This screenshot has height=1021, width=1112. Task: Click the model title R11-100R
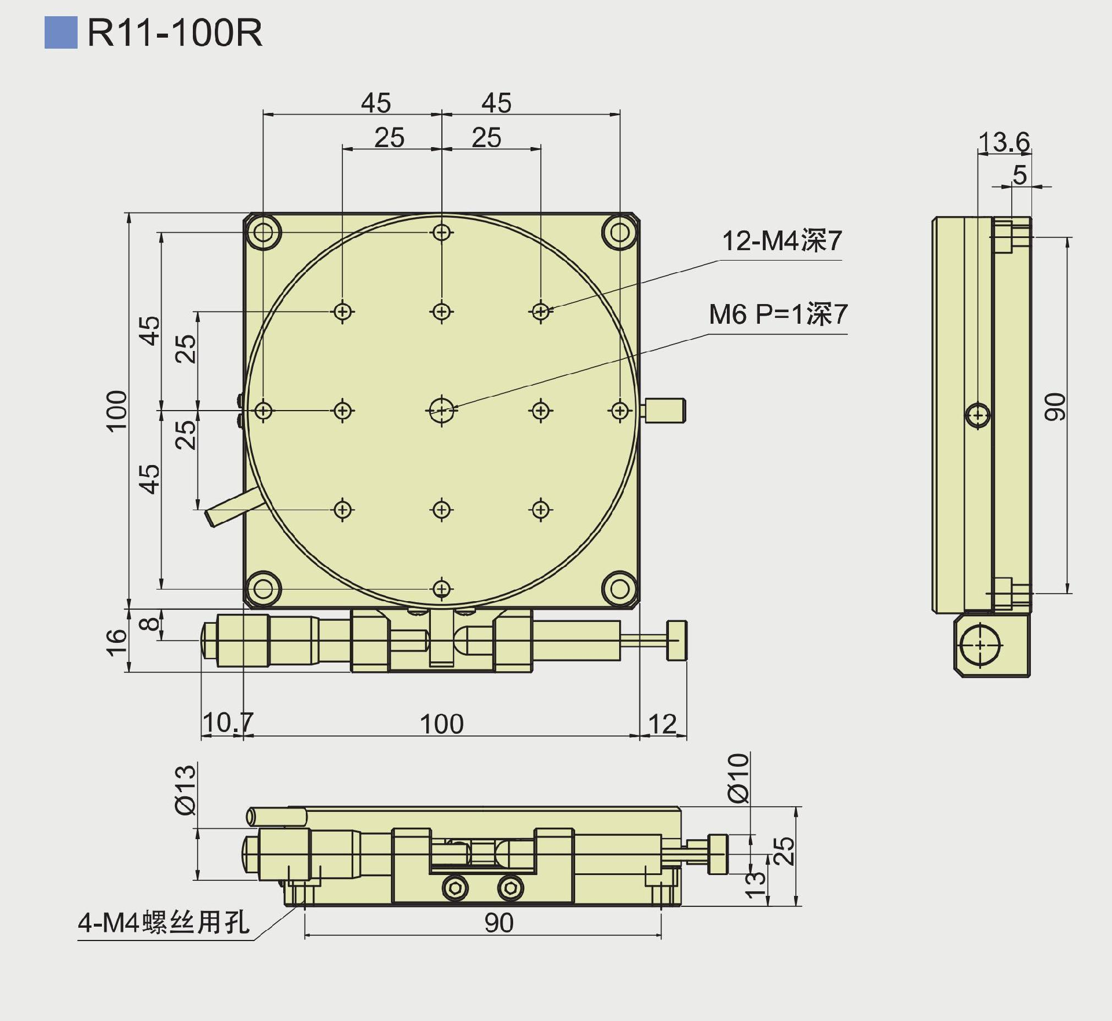click(x=174, y=33)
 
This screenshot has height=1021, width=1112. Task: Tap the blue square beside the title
click(x=61, y=33)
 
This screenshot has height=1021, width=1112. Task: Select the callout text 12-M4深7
click(x=781, y=241)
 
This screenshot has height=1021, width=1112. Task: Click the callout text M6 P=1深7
click(x=778, y=314)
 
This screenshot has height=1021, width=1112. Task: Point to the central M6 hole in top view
click(x=442, y=411)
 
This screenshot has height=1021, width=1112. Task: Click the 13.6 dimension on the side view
click(x=1004, y=142)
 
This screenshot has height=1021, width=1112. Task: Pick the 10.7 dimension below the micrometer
click(x=228, y=723)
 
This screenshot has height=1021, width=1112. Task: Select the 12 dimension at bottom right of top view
click(x=662, y=724)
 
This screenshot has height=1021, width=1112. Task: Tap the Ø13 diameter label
click(x=186, y=790)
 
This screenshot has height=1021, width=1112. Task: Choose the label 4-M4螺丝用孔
click(x=164, y=923)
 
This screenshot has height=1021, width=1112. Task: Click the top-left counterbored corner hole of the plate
click(x=264, y=233)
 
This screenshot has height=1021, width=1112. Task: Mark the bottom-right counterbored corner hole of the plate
click(x=620, y=589)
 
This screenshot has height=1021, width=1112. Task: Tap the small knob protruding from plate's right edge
click(x=665, y=410)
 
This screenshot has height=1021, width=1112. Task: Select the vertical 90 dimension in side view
click(x=1054, y=407)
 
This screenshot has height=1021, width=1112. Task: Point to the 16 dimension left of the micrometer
click(x=116, y=642)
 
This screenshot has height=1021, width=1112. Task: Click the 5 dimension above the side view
click(x=1019, y=175)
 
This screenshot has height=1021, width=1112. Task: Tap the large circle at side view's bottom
click(x=979, y=645)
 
